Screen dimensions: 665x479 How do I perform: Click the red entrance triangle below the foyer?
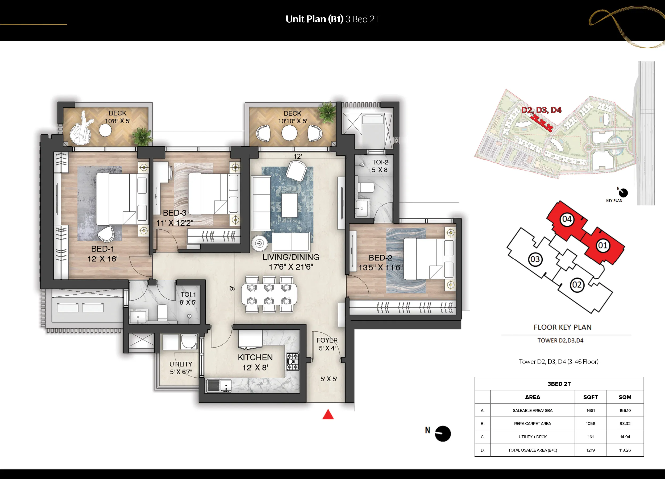tap(328, 415)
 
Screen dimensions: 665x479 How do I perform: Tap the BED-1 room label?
tap(103, 249)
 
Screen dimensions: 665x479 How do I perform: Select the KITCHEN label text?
tap(255, 357)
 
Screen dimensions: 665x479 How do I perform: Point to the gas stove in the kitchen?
tap(292, 361)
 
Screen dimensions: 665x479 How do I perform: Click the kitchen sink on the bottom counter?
tap(226, 386)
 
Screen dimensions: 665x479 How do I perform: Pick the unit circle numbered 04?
tap(567, 219)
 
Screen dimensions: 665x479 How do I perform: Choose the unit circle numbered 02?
tap(577, 285)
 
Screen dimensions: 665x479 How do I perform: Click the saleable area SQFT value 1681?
tap(591, 410)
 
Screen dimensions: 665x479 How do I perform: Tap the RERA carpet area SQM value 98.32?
tap(625, 424)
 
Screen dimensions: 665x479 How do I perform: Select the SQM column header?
tap(625, 397)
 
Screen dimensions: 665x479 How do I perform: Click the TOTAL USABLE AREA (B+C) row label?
tap(533, 450)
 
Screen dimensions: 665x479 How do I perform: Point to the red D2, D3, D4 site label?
tap(541, 110)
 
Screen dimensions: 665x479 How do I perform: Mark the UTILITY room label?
tap(181, 364)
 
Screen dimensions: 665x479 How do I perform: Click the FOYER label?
tap(327, 340)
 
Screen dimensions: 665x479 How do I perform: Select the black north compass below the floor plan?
tap(442, 433)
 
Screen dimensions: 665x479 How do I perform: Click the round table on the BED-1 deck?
tap(105, 131)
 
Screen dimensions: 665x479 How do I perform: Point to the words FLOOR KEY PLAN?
tap(562, 327)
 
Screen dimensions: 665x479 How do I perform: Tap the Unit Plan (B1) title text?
tap(314, 19)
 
